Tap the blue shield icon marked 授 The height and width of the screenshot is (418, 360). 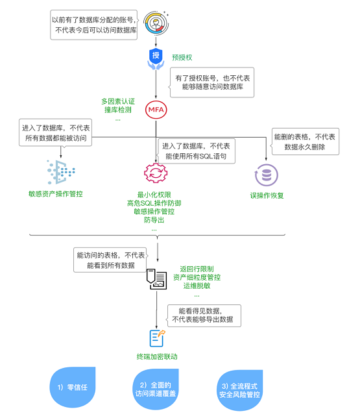(156, 56)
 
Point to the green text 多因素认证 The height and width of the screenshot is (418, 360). (117, 101)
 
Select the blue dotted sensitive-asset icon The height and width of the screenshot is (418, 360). (62, 172)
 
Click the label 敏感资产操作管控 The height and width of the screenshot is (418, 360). (56, 194)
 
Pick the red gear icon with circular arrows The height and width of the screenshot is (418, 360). (156, 173)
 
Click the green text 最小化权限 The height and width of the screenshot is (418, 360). (154, 195)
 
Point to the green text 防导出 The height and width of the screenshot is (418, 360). (154, 220)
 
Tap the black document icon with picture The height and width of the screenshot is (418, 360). (156, 278)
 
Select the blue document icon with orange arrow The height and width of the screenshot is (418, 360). (156, 336)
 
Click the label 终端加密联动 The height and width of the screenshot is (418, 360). (156, 356)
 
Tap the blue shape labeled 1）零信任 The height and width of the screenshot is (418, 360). (72, 387)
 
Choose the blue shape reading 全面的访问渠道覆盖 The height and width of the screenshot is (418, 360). (156, 388)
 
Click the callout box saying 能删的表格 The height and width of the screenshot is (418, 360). (305, 142)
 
